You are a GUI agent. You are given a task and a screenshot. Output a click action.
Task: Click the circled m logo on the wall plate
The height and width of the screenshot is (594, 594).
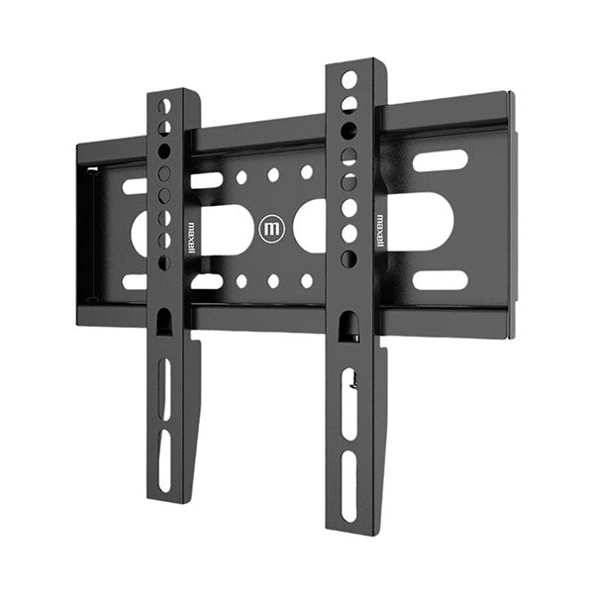pos(271,229)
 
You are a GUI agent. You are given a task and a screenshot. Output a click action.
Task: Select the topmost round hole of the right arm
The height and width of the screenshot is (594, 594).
pos(349,78)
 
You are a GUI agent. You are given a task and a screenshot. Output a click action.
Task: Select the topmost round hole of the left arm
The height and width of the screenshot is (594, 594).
pos(165,105)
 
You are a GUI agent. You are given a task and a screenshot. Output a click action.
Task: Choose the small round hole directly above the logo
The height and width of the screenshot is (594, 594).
pos(272,174)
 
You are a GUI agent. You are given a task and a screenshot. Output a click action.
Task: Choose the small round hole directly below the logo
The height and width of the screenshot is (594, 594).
pos(272,281)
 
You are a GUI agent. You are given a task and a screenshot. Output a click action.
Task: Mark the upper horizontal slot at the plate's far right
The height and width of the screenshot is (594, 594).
pos(440,160)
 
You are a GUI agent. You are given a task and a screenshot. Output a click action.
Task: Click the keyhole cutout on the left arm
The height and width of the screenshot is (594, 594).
pos(164,319)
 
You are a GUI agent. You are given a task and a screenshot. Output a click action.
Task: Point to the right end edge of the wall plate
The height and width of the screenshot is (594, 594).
pos(510,213)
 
